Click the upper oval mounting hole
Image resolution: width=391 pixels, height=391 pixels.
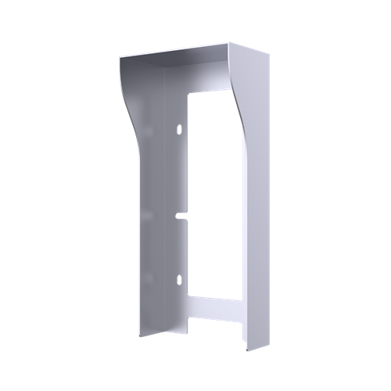click(178, 127)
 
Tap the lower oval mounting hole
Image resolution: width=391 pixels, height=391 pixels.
click(178, 279)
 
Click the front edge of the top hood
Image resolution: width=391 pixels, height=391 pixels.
click(175, 54)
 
